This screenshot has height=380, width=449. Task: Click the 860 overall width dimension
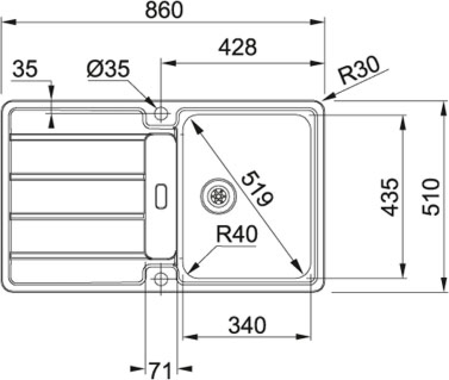coord(164,10)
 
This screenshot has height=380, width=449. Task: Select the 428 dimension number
coord(238,47)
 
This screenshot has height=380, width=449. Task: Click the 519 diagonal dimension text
coord(257,188)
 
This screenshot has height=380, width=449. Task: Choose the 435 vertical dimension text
coord(390,197)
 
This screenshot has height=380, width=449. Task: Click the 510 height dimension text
coord(431,197)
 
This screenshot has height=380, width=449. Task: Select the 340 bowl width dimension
coord(247,325)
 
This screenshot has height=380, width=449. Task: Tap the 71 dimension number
coord(161,370)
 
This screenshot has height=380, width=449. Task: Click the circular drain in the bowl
coord(218,196)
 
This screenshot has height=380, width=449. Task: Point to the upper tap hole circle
coord(161,113)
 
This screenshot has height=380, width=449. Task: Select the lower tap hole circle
coord(161,279)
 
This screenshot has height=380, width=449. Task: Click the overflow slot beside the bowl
coord(161,197)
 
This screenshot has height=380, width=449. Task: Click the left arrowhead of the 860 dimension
coord(9,22)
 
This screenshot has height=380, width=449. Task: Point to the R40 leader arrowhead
coord(194,267)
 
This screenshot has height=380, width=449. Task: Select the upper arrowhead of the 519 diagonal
coord(196,127)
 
